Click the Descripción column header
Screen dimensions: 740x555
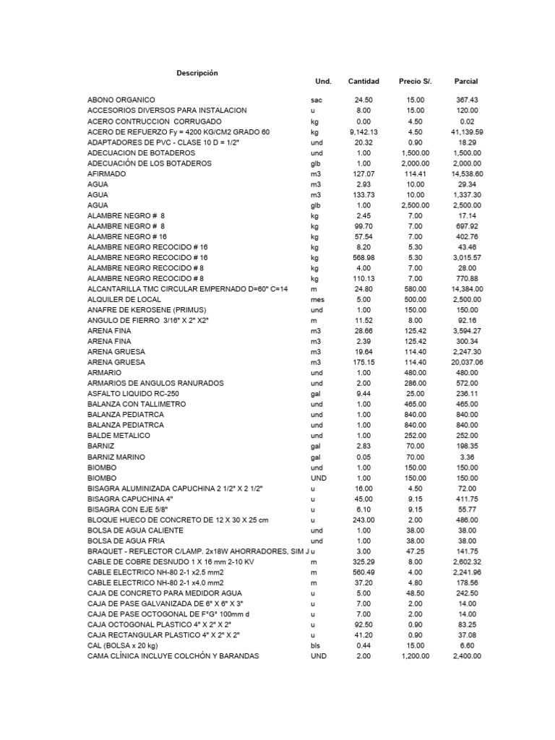[197, 73]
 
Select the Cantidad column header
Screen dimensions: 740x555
[363, 82]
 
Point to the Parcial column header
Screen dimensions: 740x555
[466, 82]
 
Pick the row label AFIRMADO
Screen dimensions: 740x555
[106, 174]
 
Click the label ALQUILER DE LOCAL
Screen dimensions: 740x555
[124, 298]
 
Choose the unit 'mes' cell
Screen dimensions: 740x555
[317, 298]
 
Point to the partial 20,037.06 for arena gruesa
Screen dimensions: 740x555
[467, 362]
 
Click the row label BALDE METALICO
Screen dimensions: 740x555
[119, 436]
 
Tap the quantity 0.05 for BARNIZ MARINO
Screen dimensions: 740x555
[363, 457]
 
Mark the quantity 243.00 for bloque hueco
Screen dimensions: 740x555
[363, 520]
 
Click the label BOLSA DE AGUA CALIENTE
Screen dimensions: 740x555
[132, 531]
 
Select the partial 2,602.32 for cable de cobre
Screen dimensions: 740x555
[467, 562]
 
